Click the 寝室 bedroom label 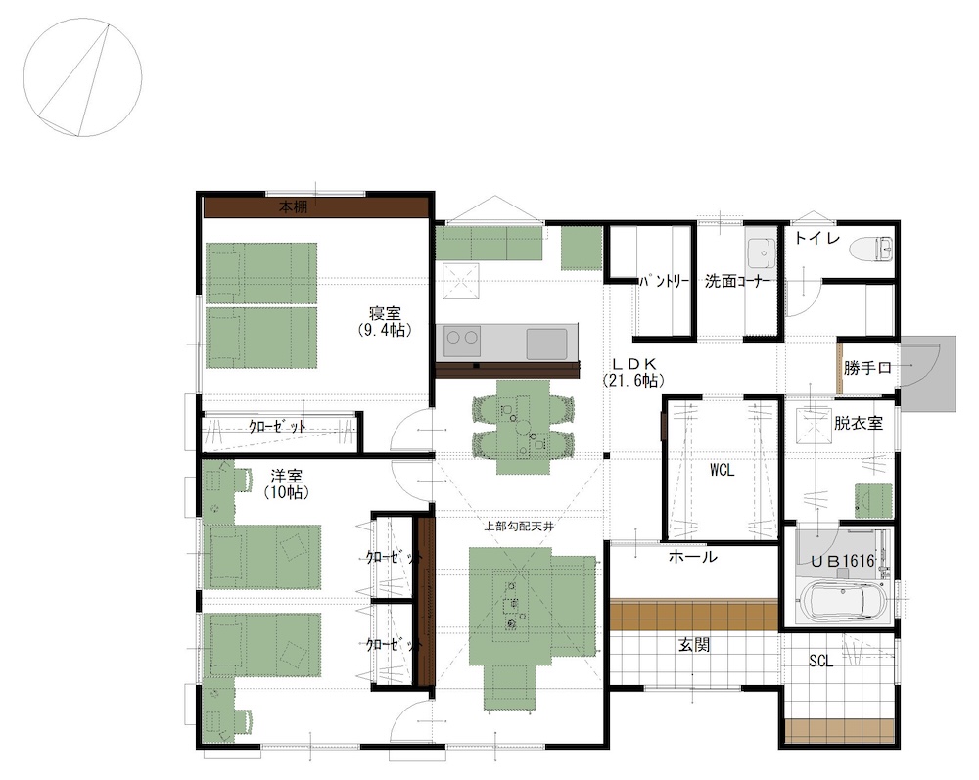coord(385,312)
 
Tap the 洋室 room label coord(287,477)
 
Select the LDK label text coord(633,364)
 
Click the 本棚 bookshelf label coord(293,207)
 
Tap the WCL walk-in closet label coord(722,470)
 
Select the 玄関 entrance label coord(694,645)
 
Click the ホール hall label coord(692,557)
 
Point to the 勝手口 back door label coord(867,368)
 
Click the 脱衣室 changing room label coord(860,423)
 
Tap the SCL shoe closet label coord(820,661)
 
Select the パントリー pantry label coord(664,282)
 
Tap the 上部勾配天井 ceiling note coord(519,526)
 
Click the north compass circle coord(82,77)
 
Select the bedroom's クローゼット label coord(277,427)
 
